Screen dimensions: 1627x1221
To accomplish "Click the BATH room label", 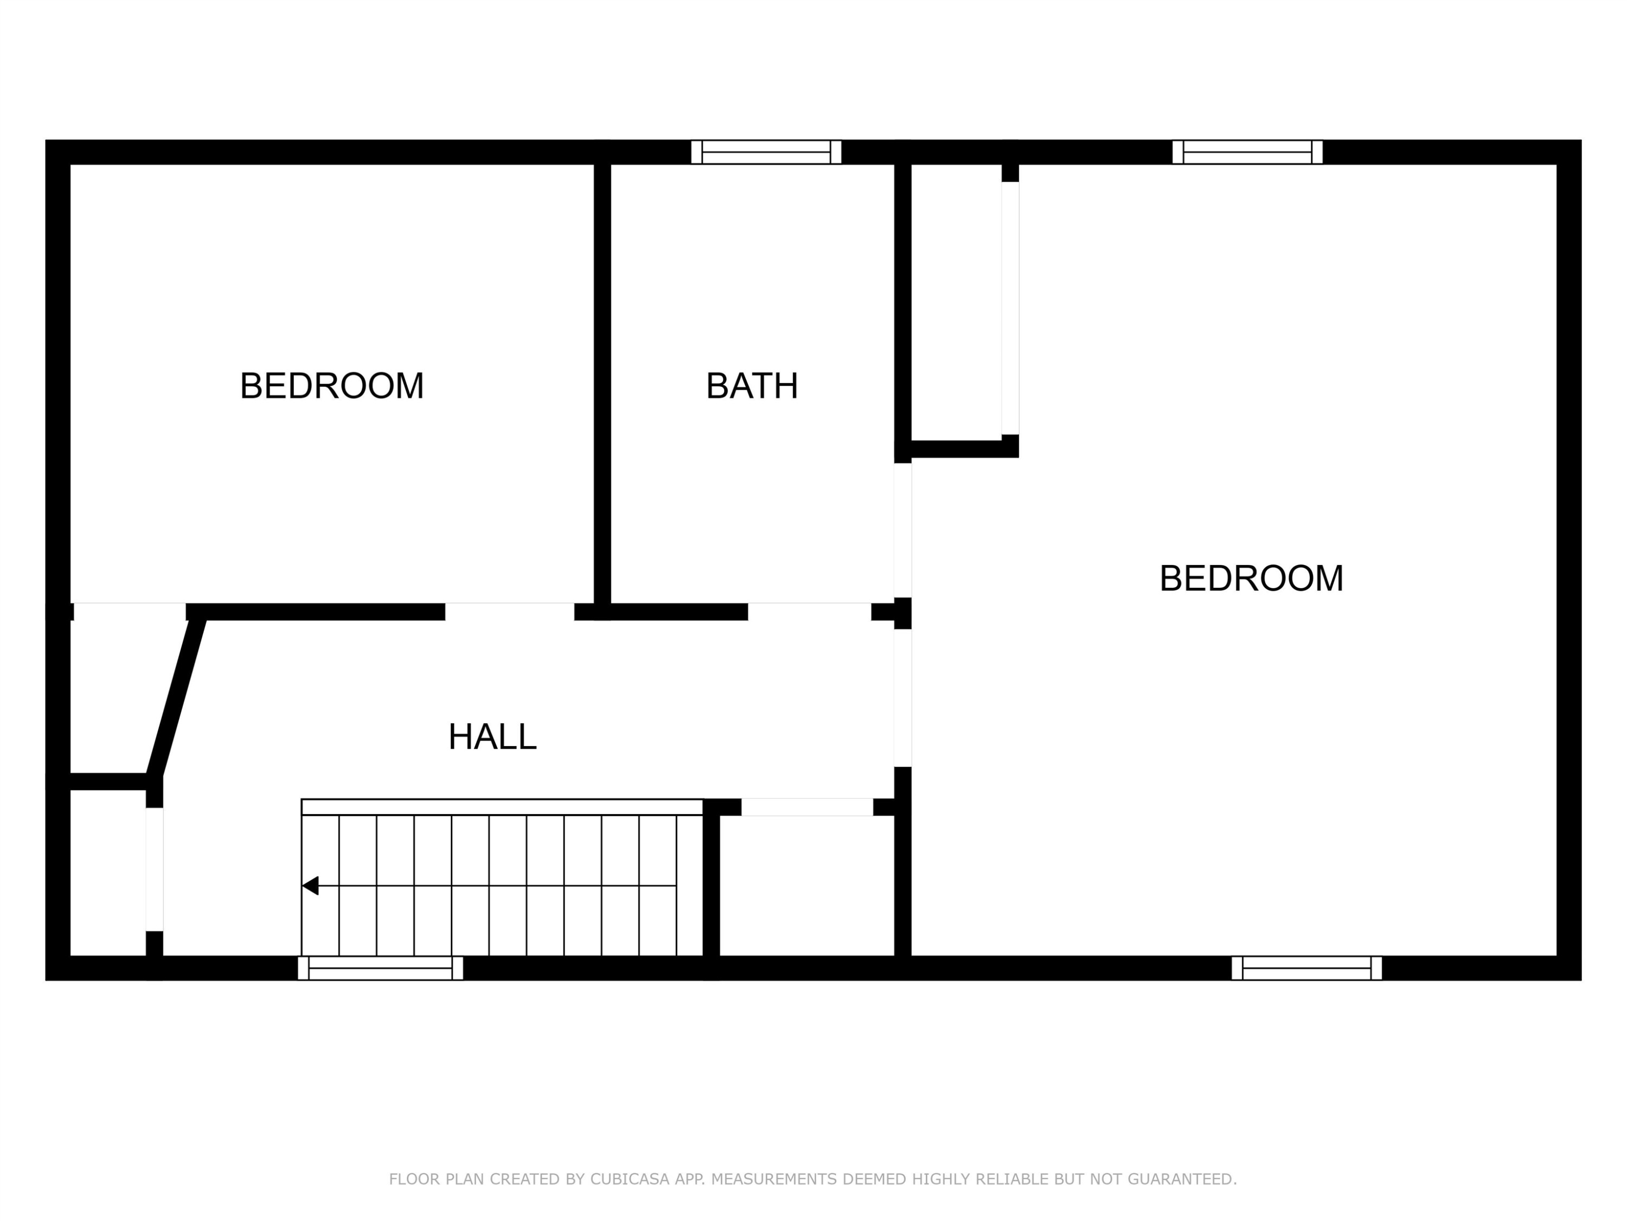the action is tap(752, 386).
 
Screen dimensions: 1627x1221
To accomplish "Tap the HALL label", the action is tap(492, 737).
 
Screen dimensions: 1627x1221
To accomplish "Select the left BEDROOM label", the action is tap(332, 386).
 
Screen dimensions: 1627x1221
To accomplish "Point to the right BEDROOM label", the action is tap(1251, 578).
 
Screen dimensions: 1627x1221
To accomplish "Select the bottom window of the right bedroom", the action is tap(1306, 968).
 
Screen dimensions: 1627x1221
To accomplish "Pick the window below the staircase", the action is tap(380, 968).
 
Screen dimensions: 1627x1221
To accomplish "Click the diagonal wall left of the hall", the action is tap(176, 697).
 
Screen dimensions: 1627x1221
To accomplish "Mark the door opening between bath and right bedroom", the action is tap(902, 530).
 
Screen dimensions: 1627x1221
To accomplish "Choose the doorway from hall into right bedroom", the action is tap(902, 698).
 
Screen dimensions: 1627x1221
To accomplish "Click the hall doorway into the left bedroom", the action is tap(510, 612).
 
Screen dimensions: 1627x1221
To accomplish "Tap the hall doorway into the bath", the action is tap(810, 612).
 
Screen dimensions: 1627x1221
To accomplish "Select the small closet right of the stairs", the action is tap(807, 886).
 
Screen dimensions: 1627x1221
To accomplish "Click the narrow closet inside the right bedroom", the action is tap(957, 302).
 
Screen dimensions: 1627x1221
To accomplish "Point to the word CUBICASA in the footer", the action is tap(630, 1179).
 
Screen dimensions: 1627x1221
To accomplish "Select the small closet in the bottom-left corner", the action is tap(108, 873).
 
